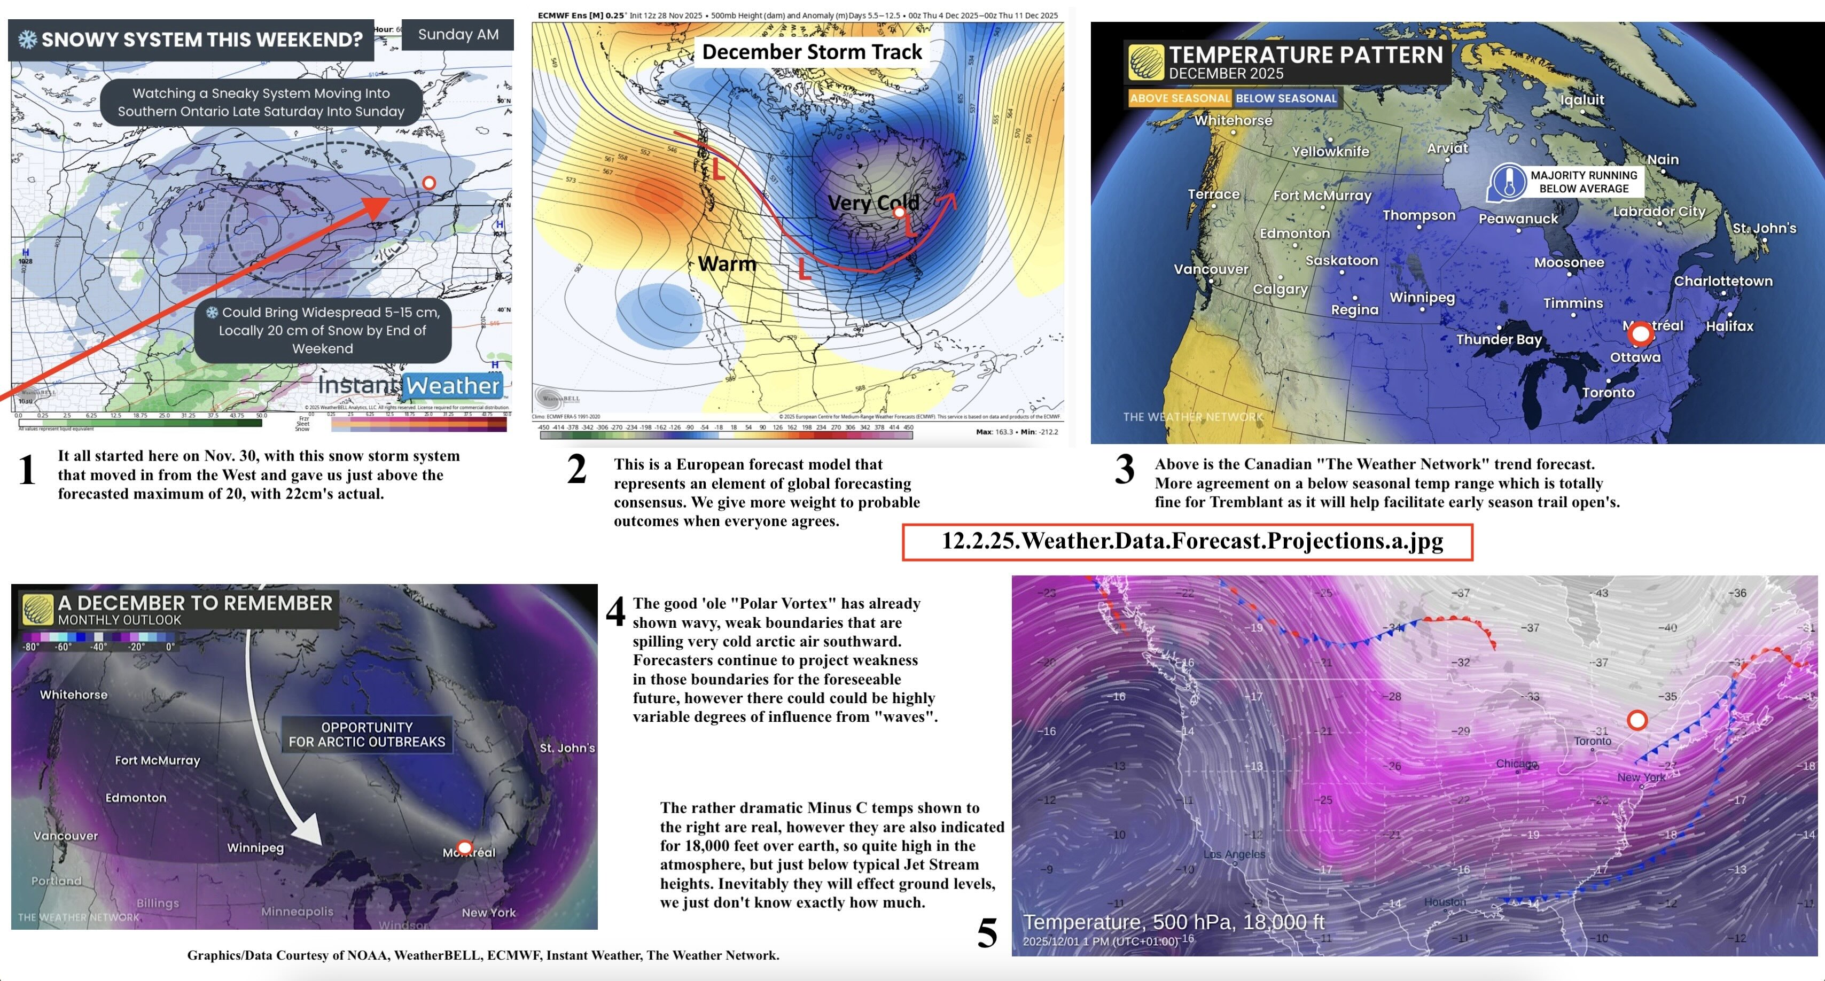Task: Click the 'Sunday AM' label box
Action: coord(458,35)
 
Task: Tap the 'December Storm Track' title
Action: coord(812,52)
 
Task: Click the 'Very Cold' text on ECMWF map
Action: coord(873,203)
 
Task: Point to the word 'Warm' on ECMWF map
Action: coord(727,263)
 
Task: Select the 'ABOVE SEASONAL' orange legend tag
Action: coord(1180,98)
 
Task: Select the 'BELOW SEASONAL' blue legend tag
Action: coord(1286,98)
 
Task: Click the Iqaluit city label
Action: coord(1581,100)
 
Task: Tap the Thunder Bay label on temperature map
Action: coord(1499,339)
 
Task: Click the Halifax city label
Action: coord(1729,326)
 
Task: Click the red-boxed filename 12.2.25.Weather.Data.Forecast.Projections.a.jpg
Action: coord(1188,542)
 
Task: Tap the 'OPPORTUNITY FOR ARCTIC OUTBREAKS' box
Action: coord(367,735)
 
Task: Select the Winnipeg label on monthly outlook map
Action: coord(255,848)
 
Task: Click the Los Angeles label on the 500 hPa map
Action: coord(1234,854)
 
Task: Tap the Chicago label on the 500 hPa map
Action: coord(1516,764)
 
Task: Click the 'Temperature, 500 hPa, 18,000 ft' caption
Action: coord(1173,922)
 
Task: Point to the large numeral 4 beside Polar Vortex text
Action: coord(615,612)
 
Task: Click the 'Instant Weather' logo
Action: coord(409,385)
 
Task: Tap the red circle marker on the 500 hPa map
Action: coord(1636,720)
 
